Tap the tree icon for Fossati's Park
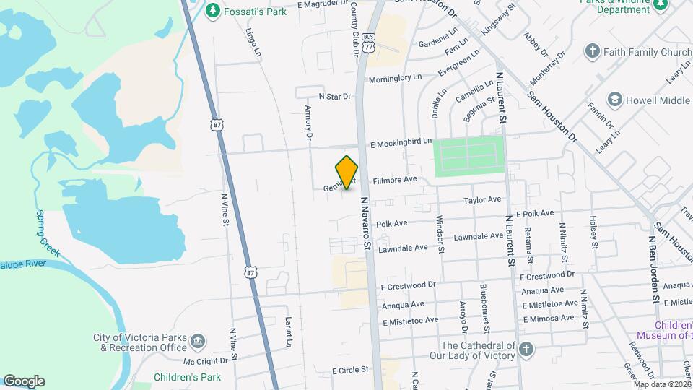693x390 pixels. (x=212, y=9)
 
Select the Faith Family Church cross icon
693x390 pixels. (x=593, y=51)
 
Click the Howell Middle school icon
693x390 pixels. (x=615, y=99)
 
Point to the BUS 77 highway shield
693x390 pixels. (x=370, y=42)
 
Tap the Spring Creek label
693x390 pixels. (x=50, y=233)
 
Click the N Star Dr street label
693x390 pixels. (x=334, y=96)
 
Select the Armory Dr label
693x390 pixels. (x=308, y=122)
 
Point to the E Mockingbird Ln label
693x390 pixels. (x=401, y=144)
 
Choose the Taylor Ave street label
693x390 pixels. (x=482, y=199)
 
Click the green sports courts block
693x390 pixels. (x=468, y=156)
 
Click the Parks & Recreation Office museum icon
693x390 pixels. (x=199, y=339)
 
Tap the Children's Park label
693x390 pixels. (x=187, y=376)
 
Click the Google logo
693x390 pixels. (x=24, y=381)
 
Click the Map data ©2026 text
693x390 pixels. (x=661, y=384)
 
